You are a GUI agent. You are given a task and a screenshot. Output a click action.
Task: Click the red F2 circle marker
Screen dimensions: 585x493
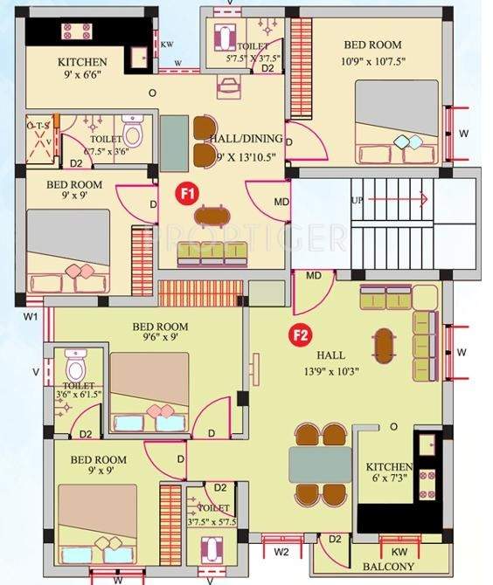(301, 334)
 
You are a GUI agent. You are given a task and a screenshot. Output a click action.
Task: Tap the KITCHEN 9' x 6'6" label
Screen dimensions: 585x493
(82, 68)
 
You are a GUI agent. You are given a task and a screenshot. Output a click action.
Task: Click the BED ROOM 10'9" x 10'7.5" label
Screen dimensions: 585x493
(372, 52)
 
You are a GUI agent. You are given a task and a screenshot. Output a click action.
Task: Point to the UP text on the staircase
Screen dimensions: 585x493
(356, 200)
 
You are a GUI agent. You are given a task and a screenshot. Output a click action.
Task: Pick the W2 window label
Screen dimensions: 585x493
(281, 552)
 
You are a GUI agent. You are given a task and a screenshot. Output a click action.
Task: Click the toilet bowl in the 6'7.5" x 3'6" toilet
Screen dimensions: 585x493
(132, 134)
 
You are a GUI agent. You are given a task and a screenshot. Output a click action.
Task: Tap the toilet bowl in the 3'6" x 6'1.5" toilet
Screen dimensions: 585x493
(75, 361)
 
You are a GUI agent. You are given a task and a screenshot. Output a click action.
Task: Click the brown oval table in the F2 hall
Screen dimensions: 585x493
(383, 345)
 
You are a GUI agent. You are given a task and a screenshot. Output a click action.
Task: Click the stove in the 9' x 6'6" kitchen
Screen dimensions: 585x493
(72, 32)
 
